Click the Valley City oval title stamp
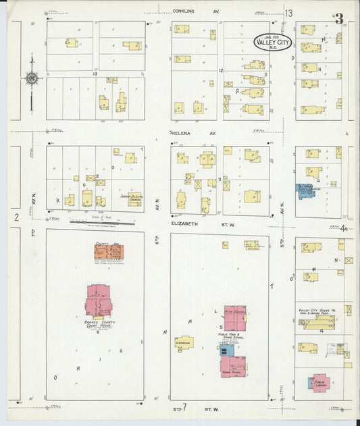(x=273, y=42)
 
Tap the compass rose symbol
(x=31, y=78)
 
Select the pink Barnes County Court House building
(x=99, y=300)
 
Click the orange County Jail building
(x=107, y=251)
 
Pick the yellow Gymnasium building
(x=183, y=342)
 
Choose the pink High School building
(x=235, y=317)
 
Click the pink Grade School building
(x=233, y=365)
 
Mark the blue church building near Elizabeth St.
(x=305, y=190)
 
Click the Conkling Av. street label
(x=187, y=11)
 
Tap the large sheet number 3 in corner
(x=338, y=18)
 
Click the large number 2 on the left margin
(x=16, y=217)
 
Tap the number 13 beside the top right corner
(x=288, y=14)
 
